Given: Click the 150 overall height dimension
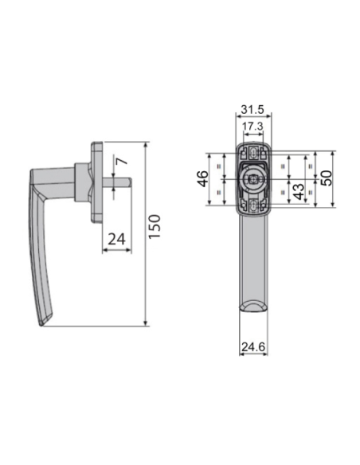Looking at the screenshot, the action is click(x=155, y=226).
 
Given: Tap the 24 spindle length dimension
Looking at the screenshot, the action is click(x=116, y=239).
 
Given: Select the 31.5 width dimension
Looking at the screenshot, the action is click(x=252, y=109).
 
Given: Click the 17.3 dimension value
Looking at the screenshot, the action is click(x=252, y=127).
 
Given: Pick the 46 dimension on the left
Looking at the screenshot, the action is click(x=203, y=178).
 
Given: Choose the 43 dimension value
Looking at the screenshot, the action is click(x=299, y=192).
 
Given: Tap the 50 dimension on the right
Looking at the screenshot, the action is click(x=327, y=178).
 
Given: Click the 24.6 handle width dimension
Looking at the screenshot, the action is click(x=253, y=346).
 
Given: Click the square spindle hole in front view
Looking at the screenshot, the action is click(x=253, y=179).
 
